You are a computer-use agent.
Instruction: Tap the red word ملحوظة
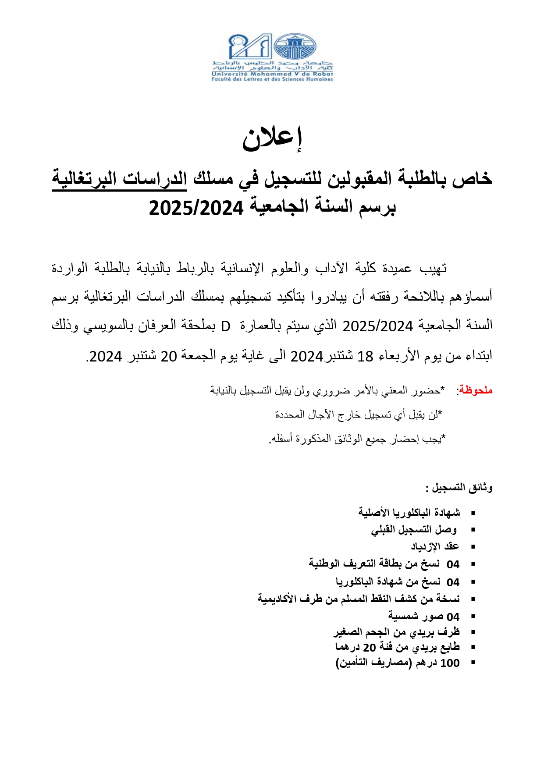click(x=476, y=390)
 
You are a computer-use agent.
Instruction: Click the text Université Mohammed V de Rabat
click(x=272, y=74)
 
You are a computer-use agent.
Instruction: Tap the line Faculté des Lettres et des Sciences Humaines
click(x=272, y=79)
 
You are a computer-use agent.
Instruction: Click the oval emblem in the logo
click(x=295, y=47)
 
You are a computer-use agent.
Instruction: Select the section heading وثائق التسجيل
click(x=462, y=487)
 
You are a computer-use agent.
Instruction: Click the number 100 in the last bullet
click(x=450, y=663)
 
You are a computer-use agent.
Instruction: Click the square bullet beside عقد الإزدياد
click(x=473, y=547)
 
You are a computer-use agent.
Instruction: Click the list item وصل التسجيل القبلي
click(x=414, y=530)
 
